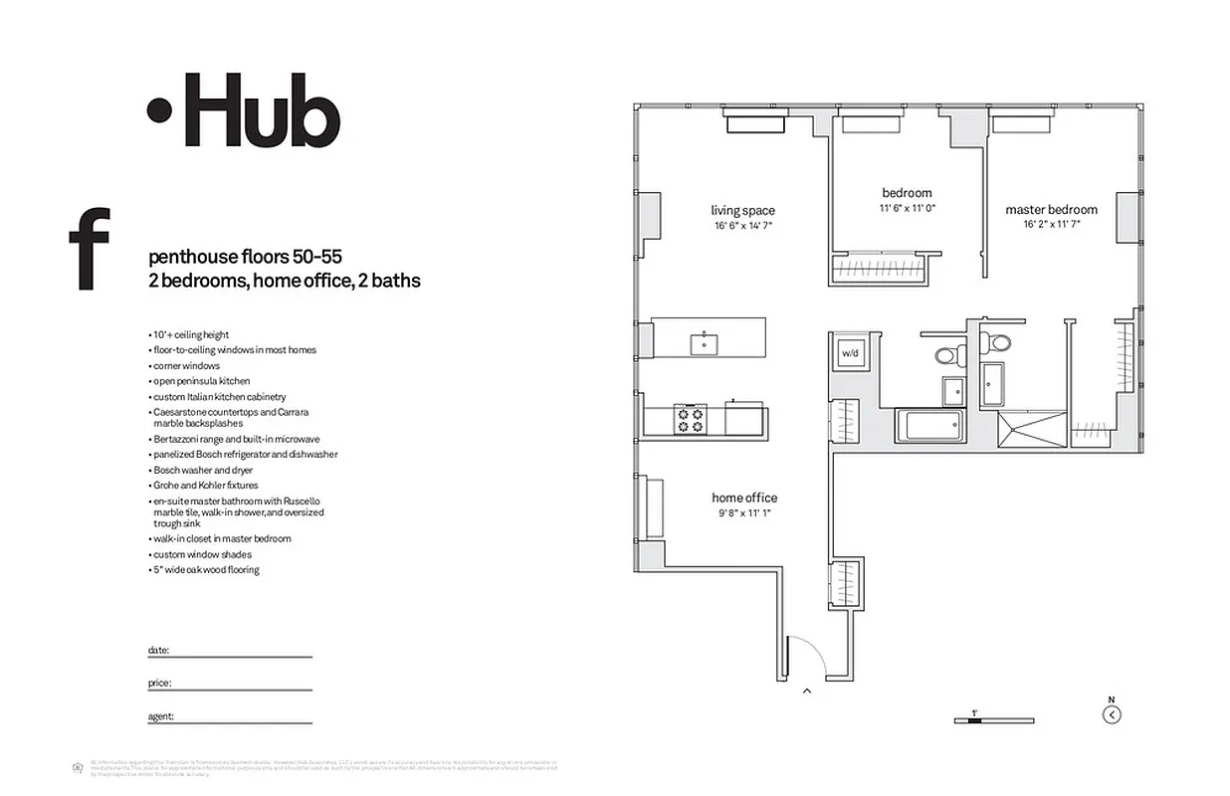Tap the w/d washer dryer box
point(850,352)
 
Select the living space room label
point(742,210)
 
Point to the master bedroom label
point(1051,209)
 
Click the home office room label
point(744,497)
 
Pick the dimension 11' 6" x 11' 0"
point(907,209)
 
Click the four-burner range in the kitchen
point(690,418)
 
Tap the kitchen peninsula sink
point(706,344)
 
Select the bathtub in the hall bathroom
point(931,427)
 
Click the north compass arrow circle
point(1112,713)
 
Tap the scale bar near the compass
point(974,718)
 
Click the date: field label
point(158,650)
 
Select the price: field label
point(159,684)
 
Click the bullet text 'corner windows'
point(186,365)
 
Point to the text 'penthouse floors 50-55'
point(245,256)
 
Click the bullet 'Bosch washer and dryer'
point(203,470)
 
